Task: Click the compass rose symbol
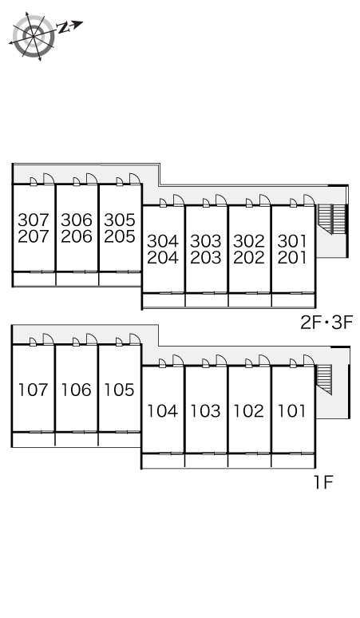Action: (34, 36)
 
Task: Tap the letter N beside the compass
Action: (63, 28)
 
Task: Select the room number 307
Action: (33, 220)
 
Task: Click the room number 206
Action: (77, 236)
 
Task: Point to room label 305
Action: (120, 220)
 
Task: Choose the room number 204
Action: (163, 258)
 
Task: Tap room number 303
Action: (206, 241)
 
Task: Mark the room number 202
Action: (249, 258)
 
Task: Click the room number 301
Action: (292, 241)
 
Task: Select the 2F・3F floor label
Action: (326, 323)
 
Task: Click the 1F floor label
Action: (324, 482)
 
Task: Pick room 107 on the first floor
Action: (33, 390)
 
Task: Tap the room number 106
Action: (77, 390)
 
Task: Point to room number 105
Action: (120, 390)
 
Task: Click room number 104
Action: (163, 411)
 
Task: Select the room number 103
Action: (206, 411)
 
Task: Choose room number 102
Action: (249, 411)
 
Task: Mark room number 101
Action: (292, 411)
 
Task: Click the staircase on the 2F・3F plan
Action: (331, 219)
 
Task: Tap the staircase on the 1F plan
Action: (325, 379)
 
